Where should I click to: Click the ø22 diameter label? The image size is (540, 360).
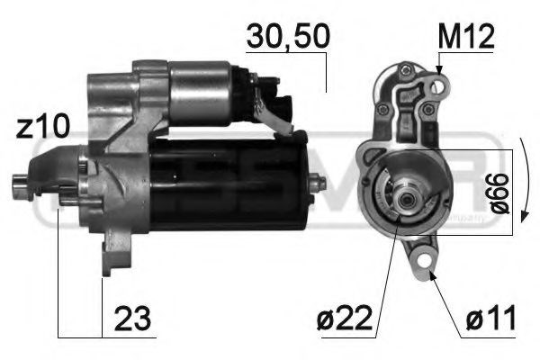(348, 319)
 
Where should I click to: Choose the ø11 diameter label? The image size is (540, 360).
(491, 319)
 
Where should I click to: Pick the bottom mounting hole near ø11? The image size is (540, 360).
(419, 261)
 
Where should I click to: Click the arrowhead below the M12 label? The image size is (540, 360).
(440, 70)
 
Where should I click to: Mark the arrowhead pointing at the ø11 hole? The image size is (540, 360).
(429, 274)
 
